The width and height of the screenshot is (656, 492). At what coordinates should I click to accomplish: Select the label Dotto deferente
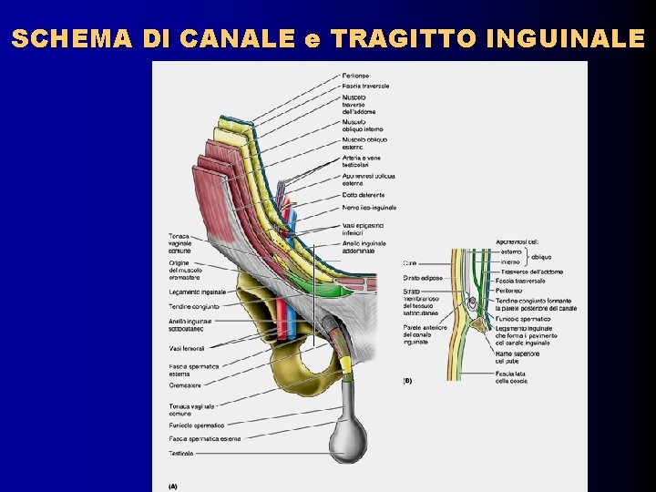click(363, 194)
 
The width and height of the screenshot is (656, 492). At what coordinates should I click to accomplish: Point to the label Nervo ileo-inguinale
click(369, 207)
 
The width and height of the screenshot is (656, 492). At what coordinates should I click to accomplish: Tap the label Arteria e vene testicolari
click(361, 160)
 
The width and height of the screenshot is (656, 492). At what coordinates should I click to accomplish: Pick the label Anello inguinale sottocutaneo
click(190, 325)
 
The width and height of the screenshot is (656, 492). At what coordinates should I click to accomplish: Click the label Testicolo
click(180, 453)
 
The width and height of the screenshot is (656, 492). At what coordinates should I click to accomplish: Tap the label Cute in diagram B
click(409, 262)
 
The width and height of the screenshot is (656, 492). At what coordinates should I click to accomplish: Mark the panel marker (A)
click(173, 485)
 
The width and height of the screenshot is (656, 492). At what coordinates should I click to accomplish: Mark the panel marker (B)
click(408, 380)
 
